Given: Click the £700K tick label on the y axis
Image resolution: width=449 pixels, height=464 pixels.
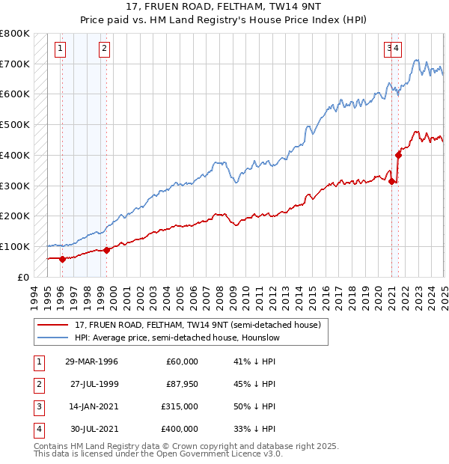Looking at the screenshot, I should [x=15, y=64].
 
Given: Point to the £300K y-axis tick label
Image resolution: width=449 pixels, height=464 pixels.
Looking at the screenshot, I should [x=15, y=186].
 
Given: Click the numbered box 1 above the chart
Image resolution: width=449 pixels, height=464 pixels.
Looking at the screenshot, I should [x=59, y=49].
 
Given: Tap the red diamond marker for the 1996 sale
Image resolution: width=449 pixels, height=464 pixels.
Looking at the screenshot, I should [x=62, y=259].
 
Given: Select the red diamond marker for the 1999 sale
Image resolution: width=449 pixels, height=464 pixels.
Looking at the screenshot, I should [x=106, y=250].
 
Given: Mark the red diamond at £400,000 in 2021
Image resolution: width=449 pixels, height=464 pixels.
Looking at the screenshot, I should [x=399, y=155].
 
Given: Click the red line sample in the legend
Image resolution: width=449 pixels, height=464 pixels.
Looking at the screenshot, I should [x=52, y=325].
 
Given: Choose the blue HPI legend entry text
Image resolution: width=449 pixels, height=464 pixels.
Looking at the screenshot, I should [x=177, y=338].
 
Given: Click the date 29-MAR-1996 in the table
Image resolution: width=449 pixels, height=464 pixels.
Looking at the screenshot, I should [x=91, y=362].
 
